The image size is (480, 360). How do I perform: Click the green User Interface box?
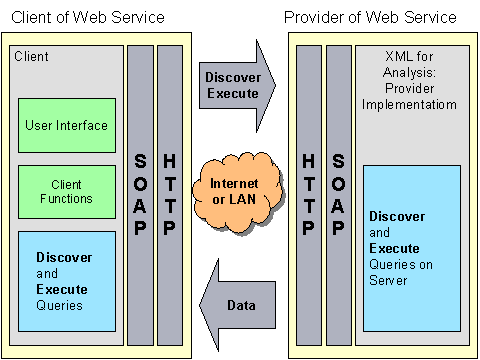tap(66, 125)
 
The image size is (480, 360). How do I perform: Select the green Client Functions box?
tap(66, 192)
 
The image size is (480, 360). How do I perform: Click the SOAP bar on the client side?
tap(140, 194)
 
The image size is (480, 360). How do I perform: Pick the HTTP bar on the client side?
tap(170, 194)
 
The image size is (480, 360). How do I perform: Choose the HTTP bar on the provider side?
tap(310, 194)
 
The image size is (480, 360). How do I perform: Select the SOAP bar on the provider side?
tap(339, 194)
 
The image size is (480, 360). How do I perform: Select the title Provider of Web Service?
tap(370, 18)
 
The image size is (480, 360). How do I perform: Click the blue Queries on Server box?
tap(410, 249)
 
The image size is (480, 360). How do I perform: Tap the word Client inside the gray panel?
tap(31, 57)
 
